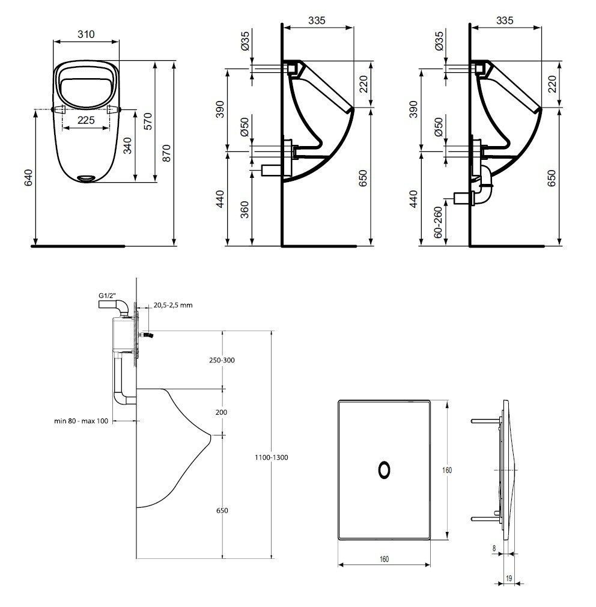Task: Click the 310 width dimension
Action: (x=87, y=35)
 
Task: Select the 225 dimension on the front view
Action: (x=87, y=120)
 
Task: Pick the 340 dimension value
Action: (x=127, y=145)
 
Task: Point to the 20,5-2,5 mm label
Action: (x=172, y=305)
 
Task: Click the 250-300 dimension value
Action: (x=222, y=360)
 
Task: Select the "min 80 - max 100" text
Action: (x=81, y=421)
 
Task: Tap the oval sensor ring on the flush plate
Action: (x=384, y=470)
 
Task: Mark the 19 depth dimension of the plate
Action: (x=509, y=578)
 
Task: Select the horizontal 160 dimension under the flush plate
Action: (x=385, y=560)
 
